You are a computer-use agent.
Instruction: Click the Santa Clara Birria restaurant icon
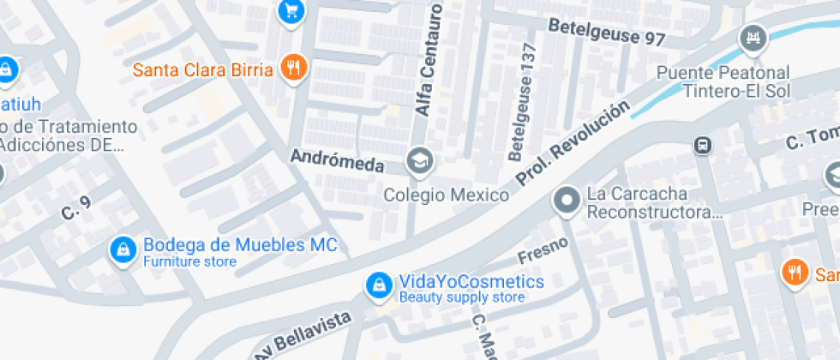tap(293, 68)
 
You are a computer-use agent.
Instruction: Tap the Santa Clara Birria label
tap(203, 69)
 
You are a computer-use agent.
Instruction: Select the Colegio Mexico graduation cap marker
tap(419, 160)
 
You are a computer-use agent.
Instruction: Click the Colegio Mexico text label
tap(446, 195)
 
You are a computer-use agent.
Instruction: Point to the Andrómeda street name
tap(337, 160)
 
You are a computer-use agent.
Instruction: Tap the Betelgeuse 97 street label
tap(607, 32)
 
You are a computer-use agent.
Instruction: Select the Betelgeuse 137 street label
tap(522, 102)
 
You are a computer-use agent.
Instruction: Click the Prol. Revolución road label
tap(573, 141)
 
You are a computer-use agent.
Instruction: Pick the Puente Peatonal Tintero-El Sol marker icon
tap(753, 38)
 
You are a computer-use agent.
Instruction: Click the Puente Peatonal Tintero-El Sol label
tap(723, 82)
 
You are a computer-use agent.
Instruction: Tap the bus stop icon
tap(702, 146)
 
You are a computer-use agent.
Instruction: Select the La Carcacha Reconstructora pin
tap(566, 202)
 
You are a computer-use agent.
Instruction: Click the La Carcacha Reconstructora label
tap(654, 203)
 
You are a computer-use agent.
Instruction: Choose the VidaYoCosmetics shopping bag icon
tap(376, 286)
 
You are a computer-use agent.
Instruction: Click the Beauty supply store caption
tap(461, 298)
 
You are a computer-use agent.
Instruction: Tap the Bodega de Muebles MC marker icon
tap(123, 250)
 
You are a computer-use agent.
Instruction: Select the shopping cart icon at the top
tap(291, 10)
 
